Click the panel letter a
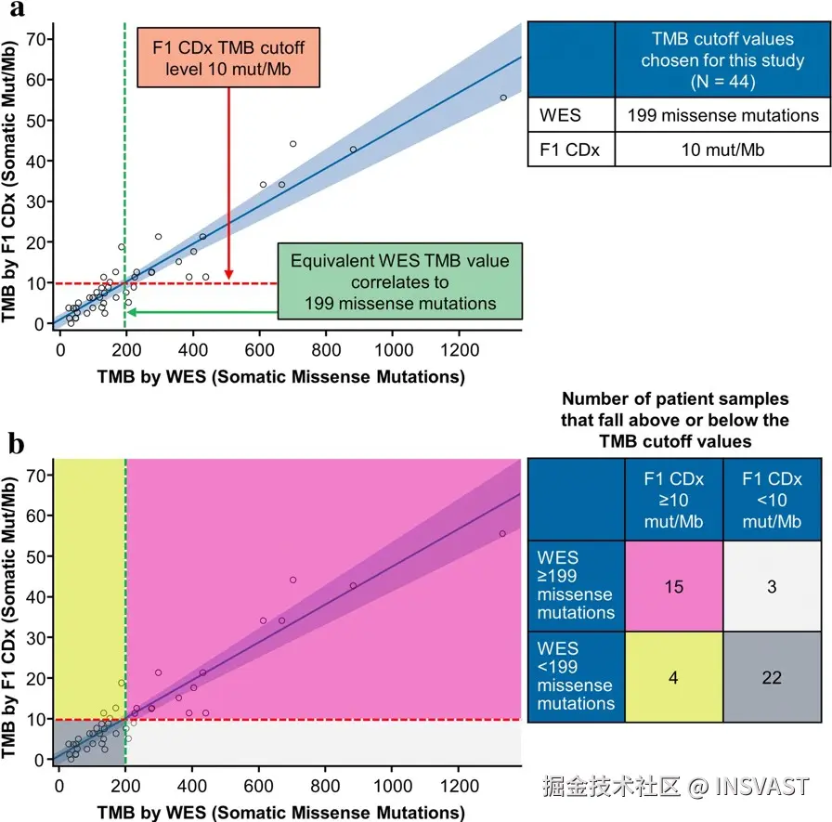(17, 8)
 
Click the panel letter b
(17, 444)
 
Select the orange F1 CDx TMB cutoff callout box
(228, 58)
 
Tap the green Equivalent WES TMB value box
(400, 281)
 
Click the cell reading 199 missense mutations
(722, 114)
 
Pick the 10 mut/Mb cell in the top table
(722, 150)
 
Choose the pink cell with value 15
(674, 586)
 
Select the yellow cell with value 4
(674, 677)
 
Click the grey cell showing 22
(772, 677)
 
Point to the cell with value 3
(772, 586)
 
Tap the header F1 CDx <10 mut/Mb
(772, 500)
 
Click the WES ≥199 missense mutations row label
(577, 586)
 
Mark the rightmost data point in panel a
(503, 98)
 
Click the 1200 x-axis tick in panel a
(460, 350)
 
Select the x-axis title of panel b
(280, 812)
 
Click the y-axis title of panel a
(9, 180)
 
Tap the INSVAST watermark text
(762, 786)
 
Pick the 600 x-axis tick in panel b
(258, 786)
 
